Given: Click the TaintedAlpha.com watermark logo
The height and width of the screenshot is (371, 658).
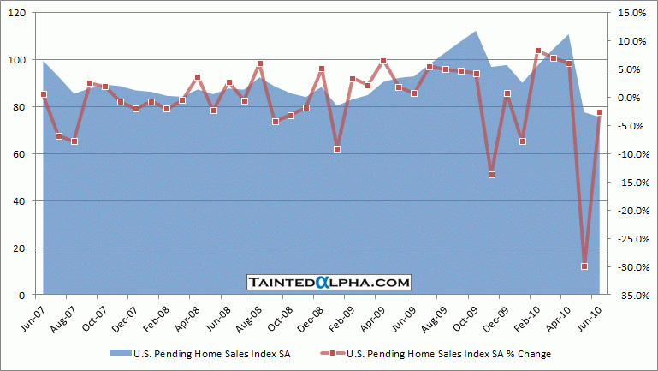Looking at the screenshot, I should [x=329, y=282].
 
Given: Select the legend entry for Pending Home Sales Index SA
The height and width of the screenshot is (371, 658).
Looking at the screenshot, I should [x=199, y=353].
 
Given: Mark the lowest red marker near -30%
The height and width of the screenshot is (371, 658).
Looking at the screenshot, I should [x=584, y=266].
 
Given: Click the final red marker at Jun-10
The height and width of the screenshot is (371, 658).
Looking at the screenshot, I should [x=600, y=112].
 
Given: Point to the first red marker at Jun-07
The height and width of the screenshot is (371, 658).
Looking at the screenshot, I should [x=43, y=94].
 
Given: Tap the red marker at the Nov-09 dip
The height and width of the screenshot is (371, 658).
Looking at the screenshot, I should [x=491, y=175].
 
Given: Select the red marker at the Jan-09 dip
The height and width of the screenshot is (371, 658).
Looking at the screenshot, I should [x=337, y=149].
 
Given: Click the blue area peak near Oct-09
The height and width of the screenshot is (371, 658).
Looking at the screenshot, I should [x=476, y=32].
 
